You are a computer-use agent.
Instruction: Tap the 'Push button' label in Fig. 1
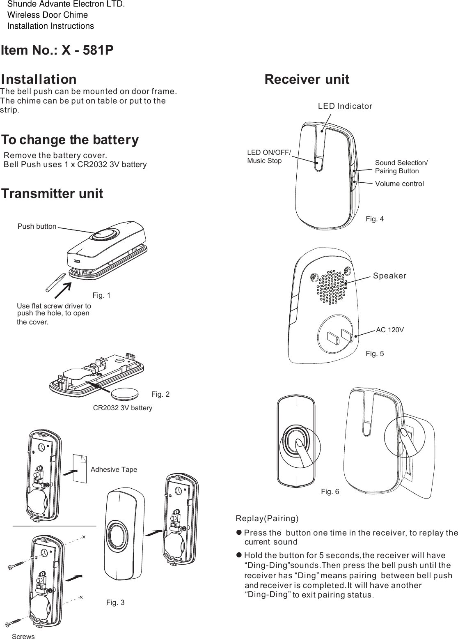point(37,226)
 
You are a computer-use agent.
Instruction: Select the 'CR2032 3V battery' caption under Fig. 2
point(123,408)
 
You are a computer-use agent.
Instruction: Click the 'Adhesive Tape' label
point(114,469)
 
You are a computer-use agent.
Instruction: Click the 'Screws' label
point(23,636)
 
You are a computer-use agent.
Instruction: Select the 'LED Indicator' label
point(345,106)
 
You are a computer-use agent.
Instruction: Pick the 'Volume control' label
point(400,184)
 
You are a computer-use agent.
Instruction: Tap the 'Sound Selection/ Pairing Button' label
point(401,167)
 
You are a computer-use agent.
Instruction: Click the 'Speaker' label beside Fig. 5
point(389,276)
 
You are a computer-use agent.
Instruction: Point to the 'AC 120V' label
point(390,330)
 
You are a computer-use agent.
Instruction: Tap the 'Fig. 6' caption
point(330,491)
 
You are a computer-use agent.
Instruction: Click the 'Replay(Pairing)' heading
point(267,518)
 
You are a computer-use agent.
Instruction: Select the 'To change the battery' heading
point(70,140)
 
